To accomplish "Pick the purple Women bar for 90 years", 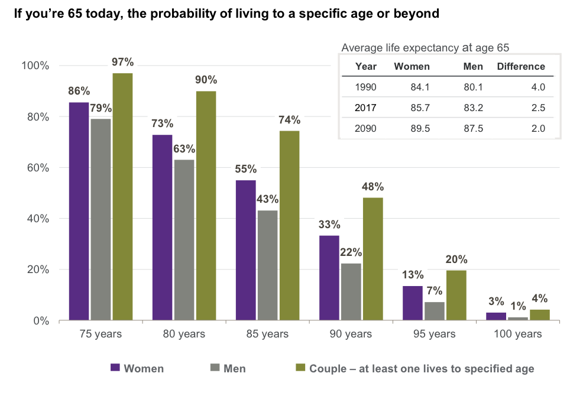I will [329, 278].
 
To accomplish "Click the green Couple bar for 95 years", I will [456, 296].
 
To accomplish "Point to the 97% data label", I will [123, 61].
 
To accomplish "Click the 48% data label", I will [373, 187].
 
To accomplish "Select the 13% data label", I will [414, 275].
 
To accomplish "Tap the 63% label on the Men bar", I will [184, 148].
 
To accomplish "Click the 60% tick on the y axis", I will [37, 168].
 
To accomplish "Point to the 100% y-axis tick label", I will [35, 66].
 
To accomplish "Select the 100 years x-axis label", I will [517, 334].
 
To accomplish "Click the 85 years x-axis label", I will [267, 334].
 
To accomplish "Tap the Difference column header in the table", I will [520, 67].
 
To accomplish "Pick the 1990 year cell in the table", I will [365, 87].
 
